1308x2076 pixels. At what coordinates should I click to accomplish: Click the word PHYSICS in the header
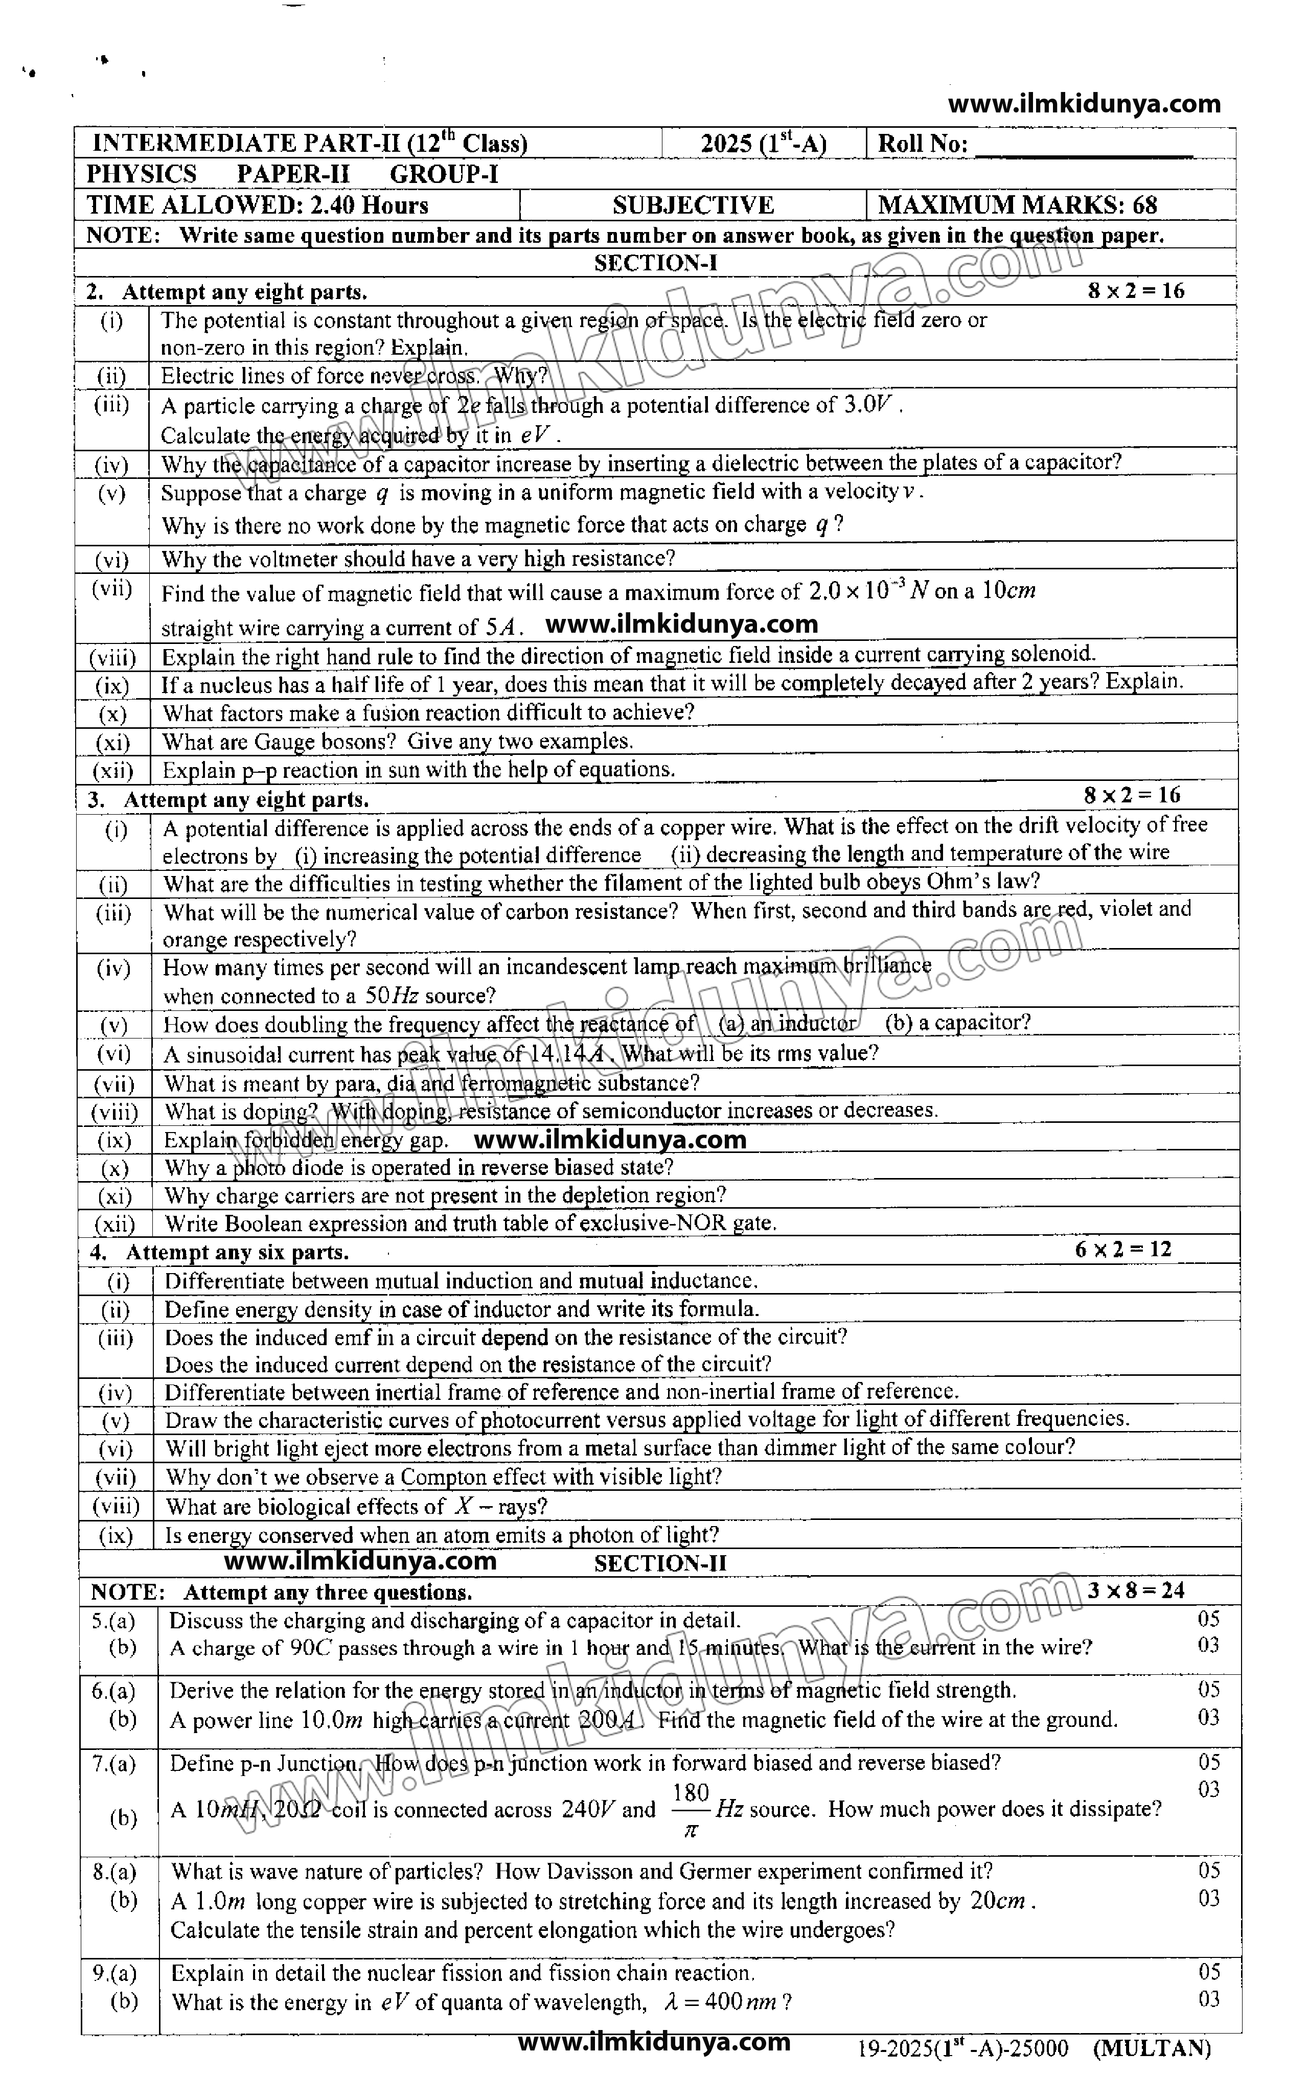click(x=142, y=174)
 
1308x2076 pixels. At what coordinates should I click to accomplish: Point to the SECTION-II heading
click(x=660, y=1563)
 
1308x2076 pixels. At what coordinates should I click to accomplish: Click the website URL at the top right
click(x=1084, y=104)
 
